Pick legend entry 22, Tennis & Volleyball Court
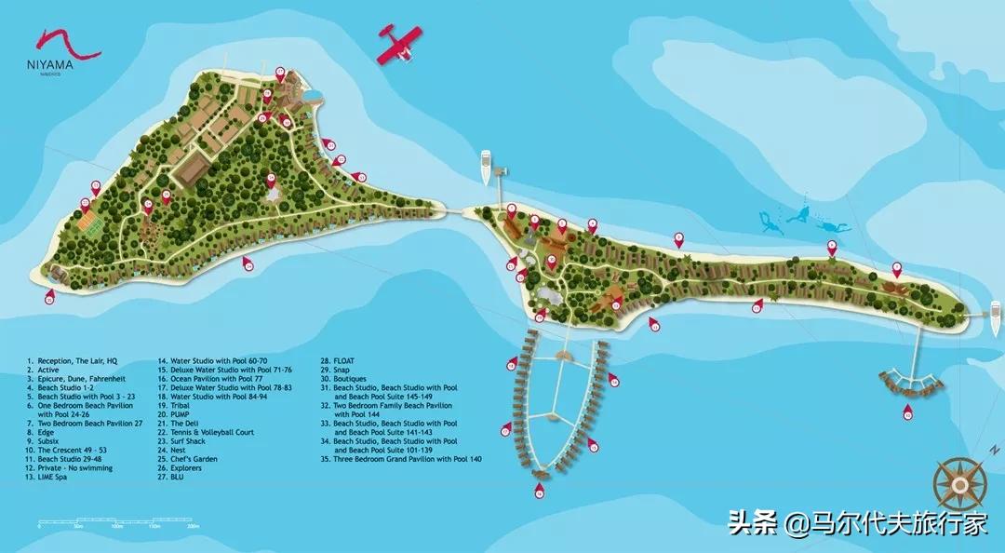coord(206,432)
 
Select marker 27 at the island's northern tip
coord(281,72)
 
